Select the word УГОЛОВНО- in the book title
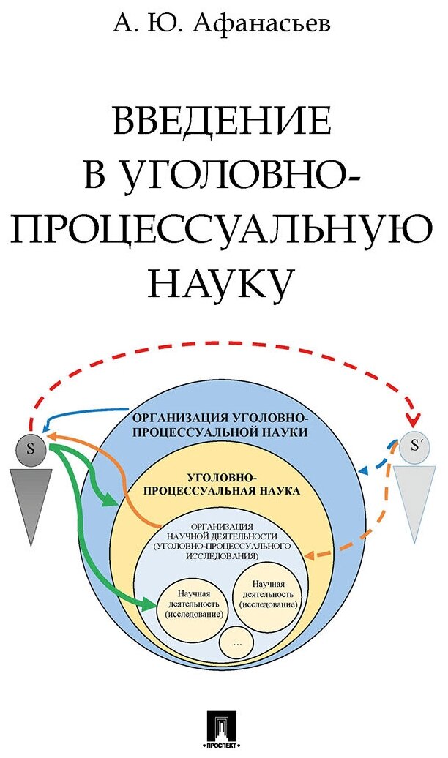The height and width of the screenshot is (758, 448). click(x=223, y=175)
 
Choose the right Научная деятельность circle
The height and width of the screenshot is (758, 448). click(x=266, y=593)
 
